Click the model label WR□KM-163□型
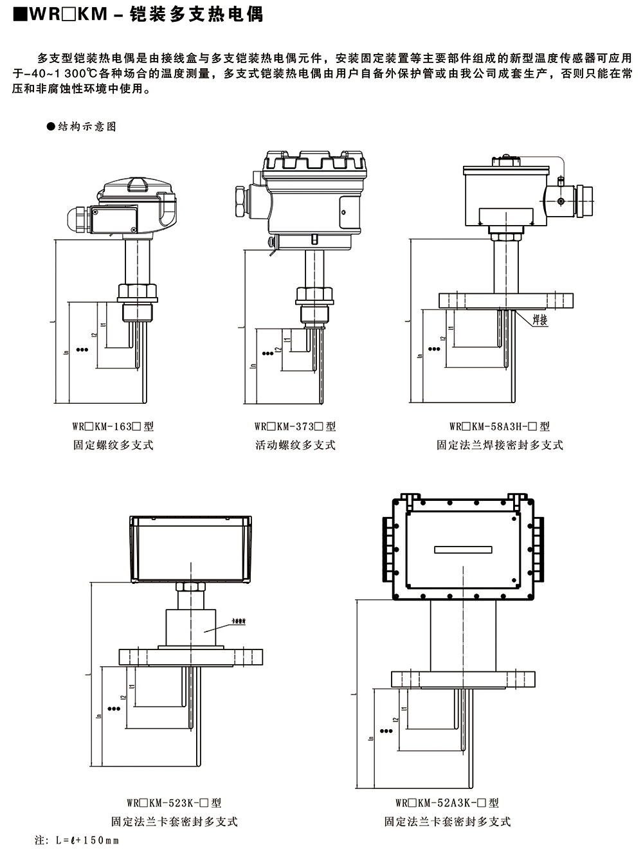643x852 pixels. [113, 426]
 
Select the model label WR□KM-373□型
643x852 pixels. [295, 426]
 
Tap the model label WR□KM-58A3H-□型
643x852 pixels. [500, 426]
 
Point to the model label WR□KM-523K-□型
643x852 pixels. [174, 802]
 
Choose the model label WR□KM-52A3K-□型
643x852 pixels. [447, 802]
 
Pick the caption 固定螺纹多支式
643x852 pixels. [113, 445]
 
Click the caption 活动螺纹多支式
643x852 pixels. [295, 445]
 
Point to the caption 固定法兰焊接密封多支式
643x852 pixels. [500, 445]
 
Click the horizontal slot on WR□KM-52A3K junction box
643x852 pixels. [464, 550]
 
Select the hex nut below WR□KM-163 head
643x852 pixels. [138, 292]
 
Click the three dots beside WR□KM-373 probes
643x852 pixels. [266, 353]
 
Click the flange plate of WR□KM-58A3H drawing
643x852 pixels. [505, 300]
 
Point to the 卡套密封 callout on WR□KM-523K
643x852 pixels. [239, 622]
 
